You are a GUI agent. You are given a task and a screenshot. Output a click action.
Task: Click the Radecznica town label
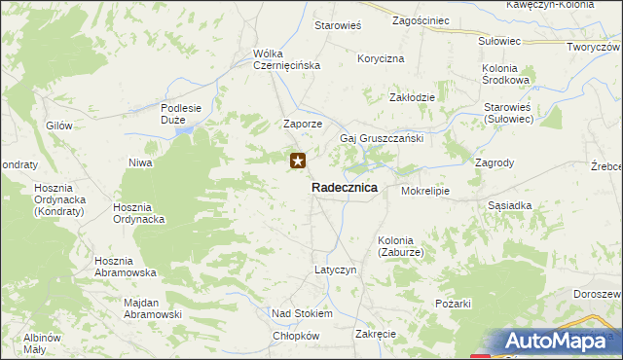coord(345,188)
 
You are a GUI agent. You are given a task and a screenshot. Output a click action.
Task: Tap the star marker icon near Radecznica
coord(299,162)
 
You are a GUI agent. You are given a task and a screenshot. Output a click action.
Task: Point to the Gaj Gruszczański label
coord(381,138)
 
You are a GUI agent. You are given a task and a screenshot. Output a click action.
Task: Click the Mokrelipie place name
coord(425,191)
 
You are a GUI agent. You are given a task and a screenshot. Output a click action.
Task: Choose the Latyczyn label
coord(336,269)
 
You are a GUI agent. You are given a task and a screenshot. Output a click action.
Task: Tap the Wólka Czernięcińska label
coord(286,59)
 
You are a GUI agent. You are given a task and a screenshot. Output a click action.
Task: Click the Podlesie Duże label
coord(180,114)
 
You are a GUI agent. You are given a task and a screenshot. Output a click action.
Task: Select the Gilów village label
coord(59,126)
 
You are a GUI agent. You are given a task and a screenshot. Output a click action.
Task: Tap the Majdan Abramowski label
coord(154,308)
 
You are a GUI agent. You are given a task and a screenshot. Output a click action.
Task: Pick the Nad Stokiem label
coord(302,314)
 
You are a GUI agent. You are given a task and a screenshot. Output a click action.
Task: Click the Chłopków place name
coord(297,336)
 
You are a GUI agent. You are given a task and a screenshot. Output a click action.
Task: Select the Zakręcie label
coord(376,334)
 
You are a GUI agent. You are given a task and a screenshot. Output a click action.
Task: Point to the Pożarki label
coord(454,305)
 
